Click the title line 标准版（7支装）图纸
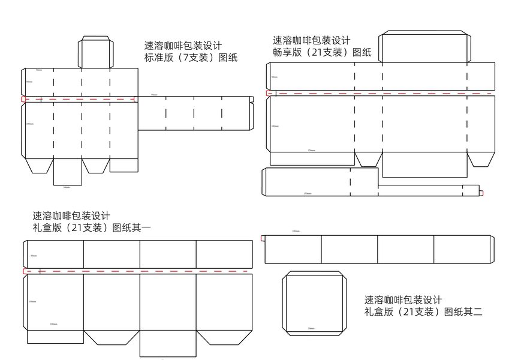(x=191, y=58)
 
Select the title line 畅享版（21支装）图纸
(x=322, y=53)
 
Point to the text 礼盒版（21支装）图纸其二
(x=423, y=312)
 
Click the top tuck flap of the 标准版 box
(x=96, y=52)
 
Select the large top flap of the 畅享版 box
(x=424, y=47)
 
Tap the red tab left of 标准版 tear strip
(x=23, y=99)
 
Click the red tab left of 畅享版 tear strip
(x=269, y=94)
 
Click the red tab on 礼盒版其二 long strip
(x=263, y=238)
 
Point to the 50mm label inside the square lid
(x=311, y=329)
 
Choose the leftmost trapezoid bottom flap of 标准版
(x=40, y=166)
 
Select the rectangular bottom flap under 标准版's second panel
(x=67, y=172)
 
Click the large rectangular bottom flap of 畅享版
(x=424, y=165)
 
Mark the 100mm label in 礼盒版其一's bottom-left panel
(x=53, y=324)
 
